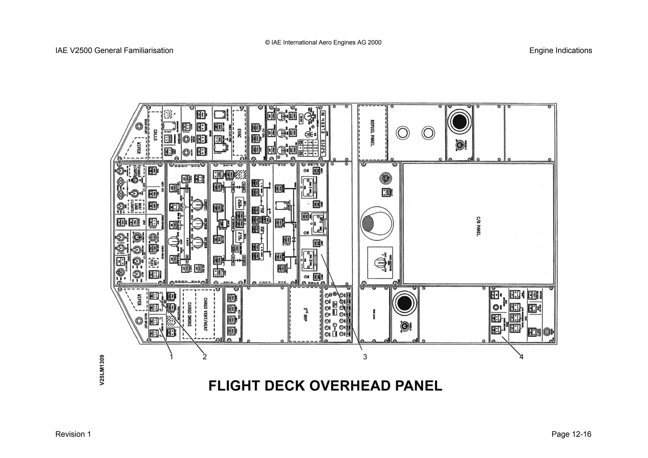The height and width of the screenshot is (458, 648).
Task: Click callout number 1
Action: click(171, 357)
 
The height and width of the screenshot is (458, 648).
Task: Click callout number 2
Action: click(205, 357)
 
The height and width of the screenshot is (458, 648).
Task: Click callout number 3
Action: click(365, 357)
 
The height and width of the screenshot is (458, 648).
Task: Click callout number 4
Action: click(521, 357)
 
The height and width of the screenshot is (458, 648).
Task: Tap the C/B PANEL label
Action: click(478, 227)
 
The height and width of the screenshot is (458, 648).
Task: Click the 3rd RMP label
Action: click(305, 315)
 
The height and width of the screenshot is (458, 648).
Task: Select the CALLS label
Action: click(155, 135)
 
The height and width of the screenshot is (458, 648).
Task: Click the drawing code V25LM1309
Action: click(102, 370)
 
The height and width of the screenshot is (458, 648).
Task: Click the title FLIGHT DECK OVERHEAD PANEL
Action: click(325, 386)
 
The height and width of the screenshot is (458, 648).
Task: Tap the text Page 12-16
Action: click(571, 434)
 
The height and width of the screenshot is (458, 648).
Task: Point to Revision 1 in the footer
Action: click(73, 434)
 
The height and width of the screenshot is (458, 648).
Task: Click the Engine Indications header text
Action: click(560, 51)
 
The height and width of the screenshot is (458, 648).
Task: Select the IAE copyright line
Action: click(323, 42)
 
